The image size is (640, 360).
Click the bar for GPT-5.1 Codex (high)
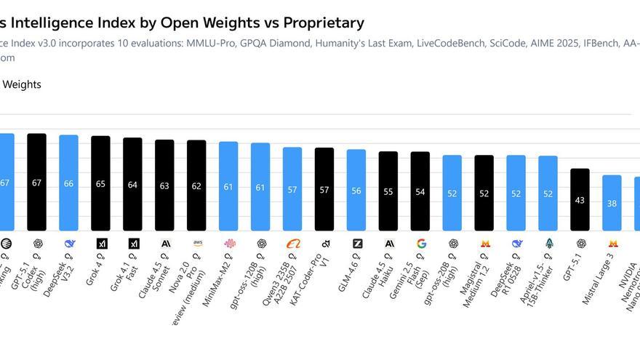(36, 182)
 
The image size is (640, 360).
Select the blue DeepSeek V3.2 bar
(68, 183)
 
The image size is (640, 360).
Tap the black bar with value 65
(100, 183)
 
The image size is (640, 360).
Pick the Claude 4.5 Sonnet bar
(164, 185)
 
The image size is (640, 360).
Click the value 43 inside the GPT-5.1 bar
(580, 200)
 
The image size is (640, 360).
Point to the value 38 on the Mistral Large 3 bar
(612, 204)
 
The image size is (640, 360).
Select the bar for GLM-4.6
(356, 190)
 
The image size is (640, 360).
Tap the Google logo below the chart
(421, 244)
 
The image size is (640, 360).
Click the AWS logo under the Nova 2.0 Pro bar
(197, 243)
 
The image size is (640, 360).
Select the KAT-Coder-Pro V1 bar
(324, 189)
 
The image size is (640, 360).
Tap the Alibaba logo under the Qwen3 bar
(293, 244)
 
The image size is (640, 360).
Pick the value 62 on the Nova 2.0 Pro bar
(196, 185)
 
